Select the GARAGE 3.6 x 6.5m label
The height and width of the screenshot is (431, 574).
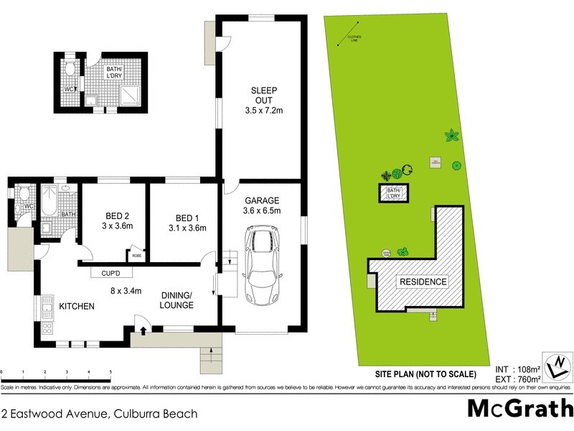[261, 205]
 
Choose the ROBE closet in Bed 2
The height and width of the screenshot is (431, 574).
[136, 255]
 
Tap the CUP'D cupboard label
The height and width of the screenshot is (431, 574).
[110, 272]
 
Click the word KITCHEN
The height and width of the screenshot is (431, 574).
[77, 307]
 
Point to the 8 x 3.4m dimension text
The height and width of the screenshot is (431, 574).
[126, 291]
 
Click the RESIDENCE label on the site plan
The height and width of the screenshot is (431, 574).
[423, 282]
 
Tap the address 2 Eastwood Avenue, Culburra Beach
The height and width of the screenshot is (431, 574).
[99, 414]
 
